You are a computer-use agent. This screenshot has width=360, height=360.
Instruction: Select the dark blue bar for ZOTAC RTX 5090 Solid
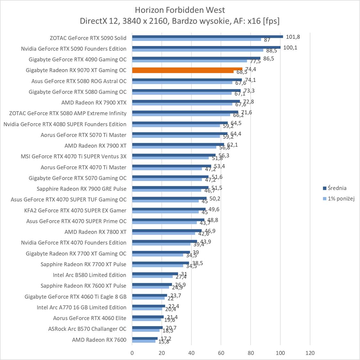click(207, 36)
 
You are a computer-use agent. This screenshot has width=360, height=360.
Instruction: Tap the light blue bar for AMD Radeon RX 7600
click(144, 341)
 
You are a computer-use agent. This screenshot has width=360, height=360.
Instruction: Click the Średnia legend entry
click(335, 188)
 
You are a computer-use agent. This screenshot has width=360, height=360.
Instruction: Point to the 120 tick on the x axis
click(310, 353)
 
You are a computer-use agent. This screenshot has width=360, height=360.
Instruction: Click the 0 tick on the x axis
click(132, 353)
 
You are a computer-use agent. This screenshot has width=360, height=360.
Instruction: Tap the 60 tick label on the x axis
click(221, 353)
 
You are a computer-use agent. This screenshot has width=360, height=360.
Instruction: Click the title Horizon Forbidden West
click(180, 10)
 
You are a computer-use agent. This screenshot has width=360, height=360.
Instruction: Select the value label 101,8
click(293, 37)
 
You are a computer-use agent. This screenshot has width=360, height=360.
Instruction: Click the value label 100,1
click(290, 48)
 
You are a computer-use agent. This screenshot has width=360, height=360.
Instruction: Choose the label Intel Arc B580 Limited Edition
click(89, 275)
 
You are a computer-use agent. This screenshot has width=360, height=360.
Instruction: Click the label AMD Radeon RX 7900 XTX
click(94, 102)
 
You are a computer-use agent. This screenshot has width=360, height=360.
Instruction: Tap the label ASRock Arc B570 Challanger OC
click(87, 329)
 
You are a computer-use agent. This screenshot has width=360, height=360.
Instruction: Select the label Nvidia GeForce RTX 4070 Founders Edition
click(74, 243)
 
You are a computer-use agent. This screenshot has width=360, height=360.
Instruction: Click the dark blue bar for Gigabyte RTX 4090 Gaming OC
click(196, 58)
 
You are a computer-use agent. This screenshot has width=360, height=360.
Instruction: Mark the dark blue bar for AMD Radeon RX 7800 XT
click(167, 230)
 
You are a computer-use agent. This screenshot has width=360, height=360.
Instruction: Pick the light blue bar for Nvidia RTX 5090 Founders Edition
click(197, 50)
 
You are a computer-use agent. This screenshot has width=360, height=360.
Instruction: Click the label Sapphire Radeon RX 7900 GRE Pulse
click(81, 189)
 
